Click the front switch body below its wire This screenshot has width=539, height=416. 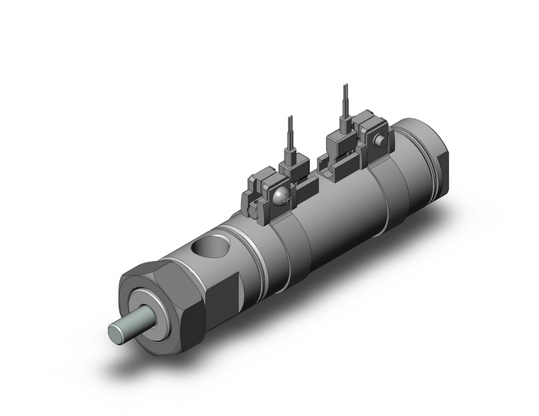[x=290, y=169]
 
